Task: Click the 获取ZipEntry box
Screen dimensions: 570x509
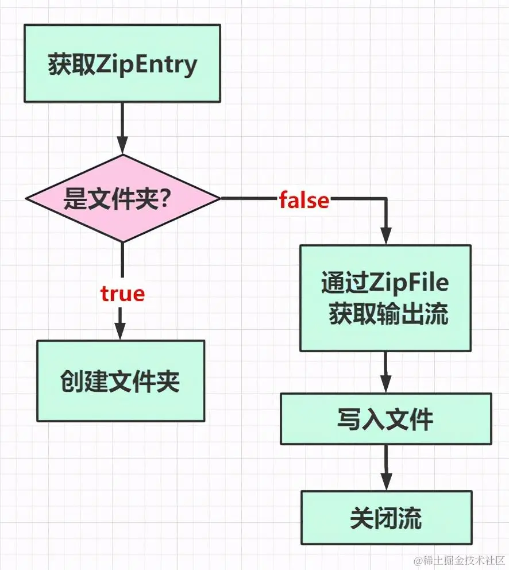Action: (x=122, y=63)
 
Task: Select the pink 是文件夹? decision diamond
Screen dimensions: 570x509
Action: (x=122, y=198)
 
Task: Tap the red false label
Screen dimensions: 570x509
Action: (x=304, y=201)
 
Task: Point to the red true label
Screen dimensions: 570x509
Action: (x=122, y=294)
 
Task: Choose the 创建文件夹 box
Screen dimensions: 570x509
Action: (x=121, y=381)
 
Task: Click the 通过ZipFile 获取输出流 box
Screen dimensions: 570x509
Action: (x=385, y=298)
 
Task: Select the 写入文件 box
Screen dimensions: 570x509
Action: (x=385, y=419)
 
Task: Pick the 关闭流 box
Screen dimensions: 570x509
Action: (x=386, y=518)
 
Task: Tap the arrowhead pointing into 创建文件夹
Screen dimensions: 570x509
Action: (x=121, y=332)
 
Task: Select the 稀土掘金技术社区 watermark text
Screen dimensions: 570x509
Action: (x=460, y=560)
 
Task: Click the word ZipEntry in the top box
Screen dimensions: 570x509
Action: (x=146, y=64)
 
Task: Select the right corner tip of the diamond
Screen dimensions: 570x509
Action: (x=219, y=198)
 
